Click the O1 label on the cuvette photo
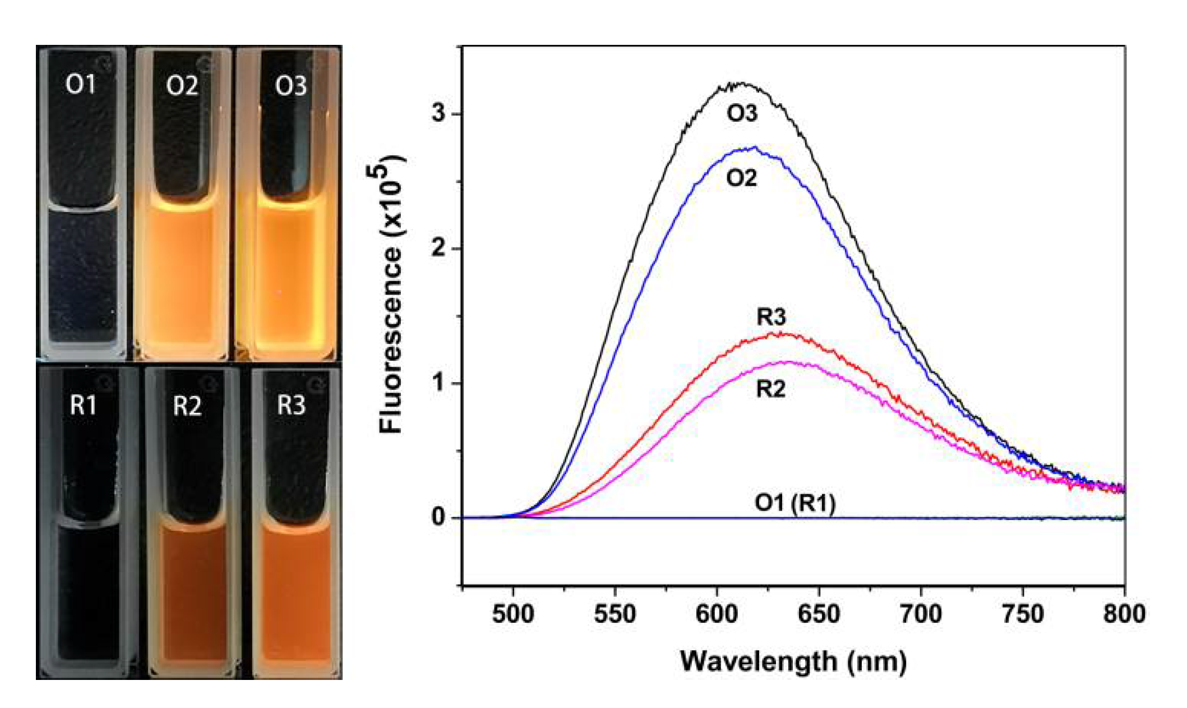click(x=81, y=84)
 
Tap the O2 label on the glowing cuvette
click(x=182, y=86)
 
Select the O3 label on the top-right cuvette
click(x=291, y=86)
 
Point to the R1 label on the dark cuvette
click(x=83, y=404)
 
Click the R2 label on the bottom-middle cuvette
click(x=187, y=406)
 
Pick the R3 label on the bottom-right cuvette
click(x=291, y=404)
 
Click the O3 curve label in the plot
click(x=742, y=114)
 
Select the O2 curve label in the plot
click(x=741, y=178)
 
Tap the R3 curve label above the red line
click(x=771, y=318)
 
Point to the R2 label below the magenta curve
click(x=770, y=389)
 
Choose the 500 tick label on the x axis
click(x=513, y=614)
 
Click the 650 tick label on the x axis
click(x=819, y=614)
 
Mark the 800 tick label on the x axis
click(x=1124, y=614)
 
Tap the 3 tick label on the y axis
click(x=438, y=113)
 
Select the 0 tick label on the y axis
click(x=438, y=517)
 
